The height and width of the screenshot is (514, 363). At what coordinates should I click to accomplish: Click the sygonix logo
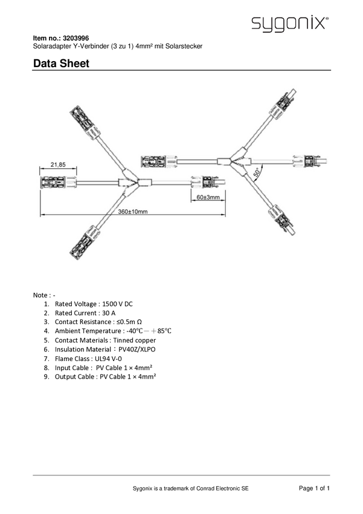290,24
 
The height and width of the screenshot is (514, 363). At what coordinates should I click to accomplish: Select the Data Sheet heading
61,63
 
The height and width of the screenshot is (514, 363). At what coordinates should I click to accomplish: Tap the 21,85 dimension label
58,164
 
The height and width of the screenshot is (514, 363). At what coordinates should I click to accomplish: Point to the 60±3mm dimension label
208,197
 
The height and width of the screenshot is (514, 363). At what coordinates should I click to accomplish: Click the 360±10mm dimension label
133,212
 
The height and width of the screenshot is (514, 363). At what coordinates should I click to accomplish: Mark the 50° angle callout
257,172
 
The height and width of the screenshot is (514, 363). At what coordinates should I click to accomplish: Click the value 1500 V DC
118,304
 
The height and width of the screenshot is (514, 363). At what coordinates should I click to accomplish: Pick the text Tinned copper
135,340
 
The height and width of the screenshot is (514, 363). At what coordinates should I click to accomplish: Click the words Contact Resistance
83,322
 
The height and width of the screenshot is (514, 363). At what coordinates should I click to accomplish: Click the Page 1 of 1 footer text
314,488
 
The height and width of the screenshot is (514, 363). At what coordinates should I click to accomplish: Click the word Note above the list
40,295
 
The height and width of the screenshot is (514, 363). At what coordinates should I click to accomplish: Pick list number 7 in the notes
47,359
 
